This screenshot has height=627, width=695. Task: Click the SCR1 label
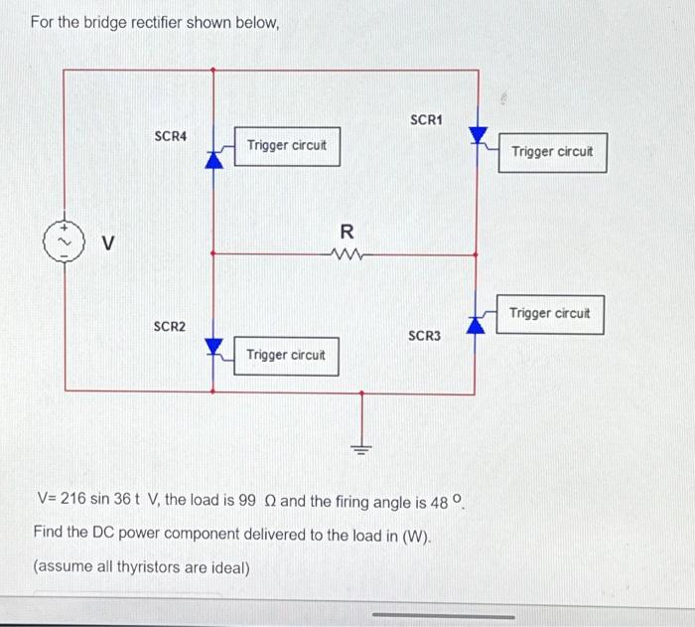point(425,120)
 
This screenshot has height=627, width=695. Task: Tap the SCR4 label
point(171,135)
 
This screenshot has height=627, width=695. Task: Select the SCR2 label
point(169,327)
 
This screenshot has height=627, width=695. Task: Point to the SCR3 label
point(424,336)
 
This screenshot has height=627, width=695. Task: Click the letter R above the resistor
point(347,232)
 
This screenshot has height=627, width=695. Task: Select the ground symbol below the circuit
point(362,447)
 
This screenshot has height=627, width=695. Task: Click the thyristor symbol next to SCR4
point(213,159)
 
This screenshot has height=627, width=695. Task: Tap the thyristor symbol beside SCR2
point(213,346)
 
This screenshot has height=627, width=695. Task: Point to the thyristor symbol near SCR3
point(478,321)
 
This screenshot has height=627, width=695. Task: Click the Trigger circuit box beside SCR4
point(287,146)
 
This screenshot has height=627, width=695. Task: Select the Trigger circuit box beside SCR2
point(286,355)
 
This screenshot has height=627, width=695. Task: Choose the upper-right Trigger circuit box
point(552,152)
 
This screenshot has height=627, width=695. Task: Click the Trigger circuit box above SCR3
point(550,313)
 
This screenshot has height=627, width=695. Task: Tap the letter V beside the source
point(109,241)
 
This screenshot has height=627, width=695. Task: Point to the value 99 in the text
point(249,499)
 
